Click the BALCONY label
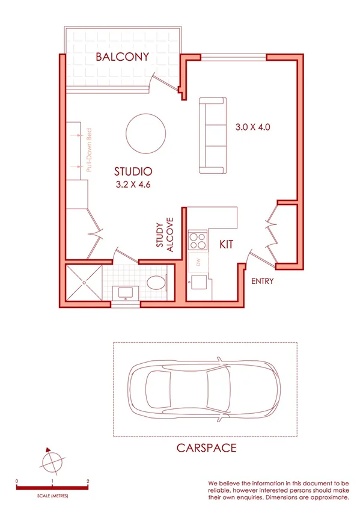tap(121, 58)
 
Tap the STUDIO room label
tap(133, 171)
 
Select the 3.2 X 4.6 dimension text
tap(133, 185)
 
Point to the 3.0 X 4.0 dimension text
tap(254, 127)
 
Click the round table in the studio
tap(146, 134)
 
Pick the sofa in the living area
tap(213, 135)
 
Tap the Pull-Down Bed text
tap(89, 153)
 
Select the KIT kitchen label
tap(225, 245)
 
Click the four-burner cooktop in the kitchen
tap(197, 241)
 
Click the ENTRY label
tap(263, 281)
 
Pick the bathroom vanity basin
tap(125, 293)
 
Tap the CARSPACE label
tap(206, 447)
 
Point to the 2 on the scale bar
tap(88, 482)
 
